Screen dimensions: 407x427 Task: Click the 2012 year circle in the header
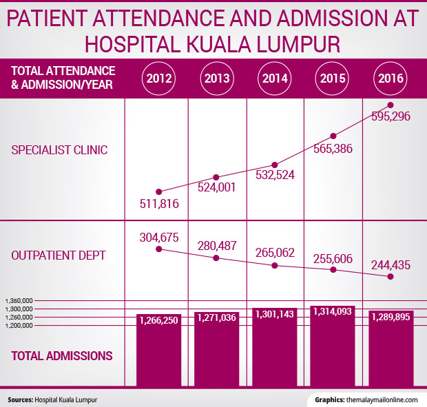click(158, 77)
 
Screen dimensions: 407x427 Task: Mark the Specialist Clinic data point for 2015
click(333, 136)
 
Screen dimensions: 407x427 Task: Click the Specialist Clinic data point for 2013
click(216, 178)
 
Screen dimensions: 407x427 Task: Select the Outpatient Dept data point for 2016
click(390, 277)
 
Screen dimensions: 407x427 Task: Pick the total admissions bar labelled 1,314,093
click(333, 344)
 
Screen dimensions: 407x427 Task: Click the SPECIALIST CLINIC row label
click(60, 150)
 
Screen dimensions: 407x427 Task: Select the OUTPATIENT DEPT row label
click(59, 255)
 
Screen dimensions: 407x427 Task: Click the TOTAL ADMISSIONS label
click(62, 356)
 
